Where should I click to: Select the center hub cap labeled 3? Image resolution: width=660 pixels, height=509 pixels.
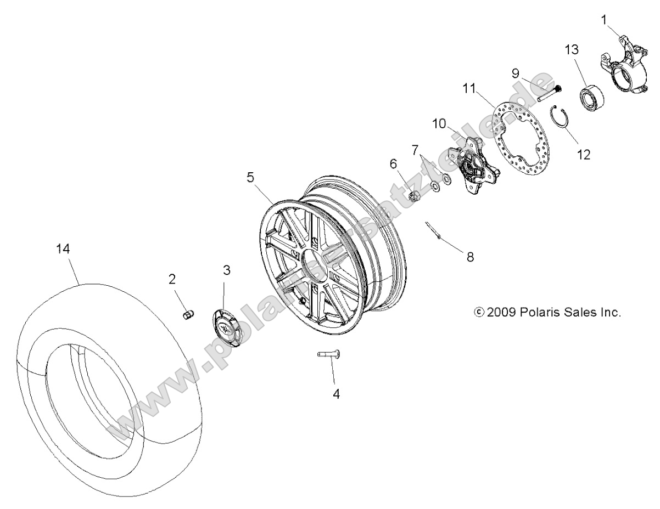[226, 329]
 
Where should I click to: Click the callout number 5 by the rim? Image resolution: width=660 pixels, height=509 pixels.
[250, 177]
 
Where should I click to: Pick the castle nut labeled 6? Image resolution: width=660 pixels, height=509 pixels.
[416, 194]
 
